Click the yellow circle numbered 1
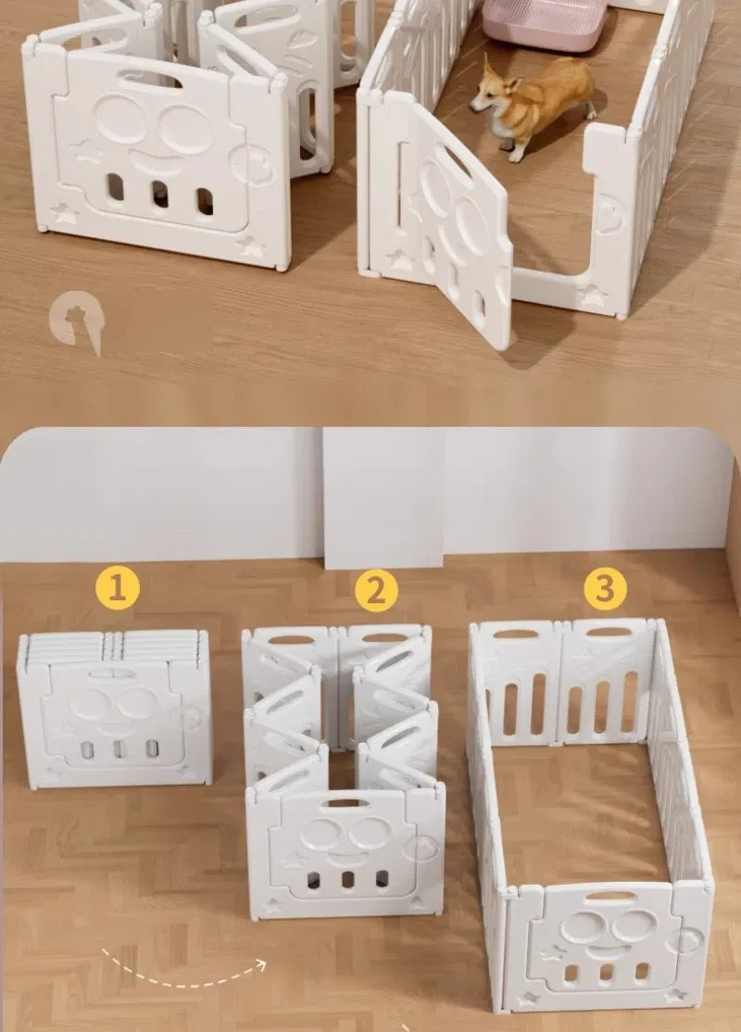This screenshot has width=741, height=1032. click(117, 587)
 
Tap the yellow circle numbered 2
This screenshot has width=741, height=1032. click(376, 589)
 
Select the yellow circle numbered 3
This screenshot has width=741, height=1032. click(605, 587)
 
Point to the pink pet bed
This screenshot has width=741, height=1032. click(544, 24)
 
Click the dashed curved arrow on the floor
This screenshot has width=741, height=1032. click(183, 970)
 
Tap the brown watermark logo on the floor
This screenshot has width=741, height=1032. click(77, 322)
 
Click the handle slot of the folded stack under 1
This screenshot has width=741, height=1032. click(113, 674)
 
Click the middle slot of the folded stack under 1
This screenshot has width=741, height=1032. click(119, 749)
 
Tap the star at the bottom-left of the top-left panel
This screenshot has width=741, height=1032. click(65, 214)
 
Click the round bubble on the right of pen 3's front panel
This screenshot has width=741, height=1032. click(684, 940)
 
